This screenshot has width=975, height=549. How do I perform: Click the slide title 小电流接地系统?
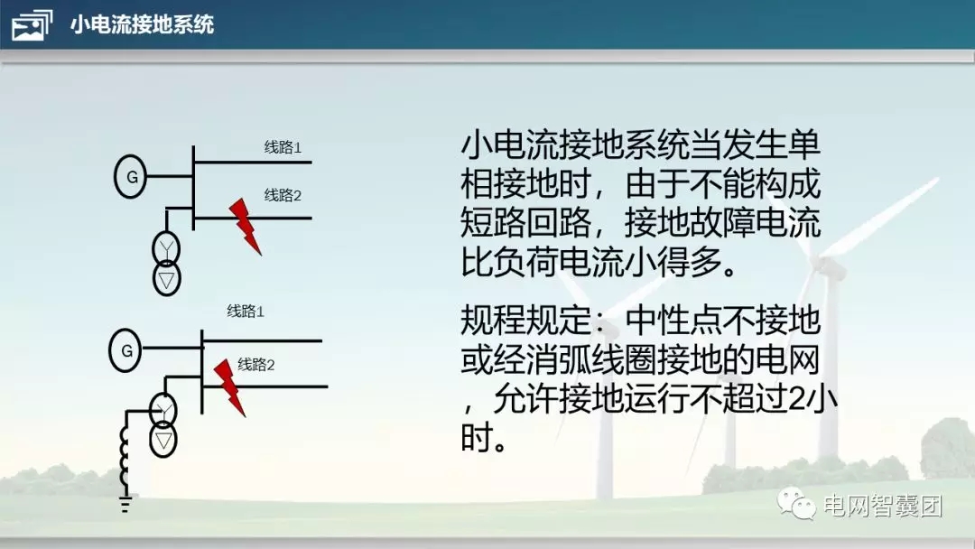point(142,24)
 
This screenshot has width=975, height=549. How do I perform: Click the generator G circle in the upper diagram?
point(131,176)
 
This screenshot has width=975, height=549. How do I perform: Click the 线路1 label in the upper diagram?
point(283,147)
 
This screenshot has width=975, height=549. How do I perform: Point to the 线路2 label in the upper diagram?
point(283,195)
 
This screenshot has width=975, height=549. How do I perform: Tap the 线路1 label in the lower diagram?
point(245,312)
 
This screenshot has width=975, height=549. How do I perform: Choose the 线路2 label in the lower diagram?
point(255,365)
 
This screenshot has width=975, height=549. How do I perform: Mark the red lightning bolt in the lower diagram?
point(230,386)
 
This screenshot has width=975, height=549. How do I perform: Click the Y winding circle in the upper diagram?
point(166,247)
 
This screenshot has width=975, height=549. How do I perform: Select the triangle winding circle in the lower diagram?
point(163,440)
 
